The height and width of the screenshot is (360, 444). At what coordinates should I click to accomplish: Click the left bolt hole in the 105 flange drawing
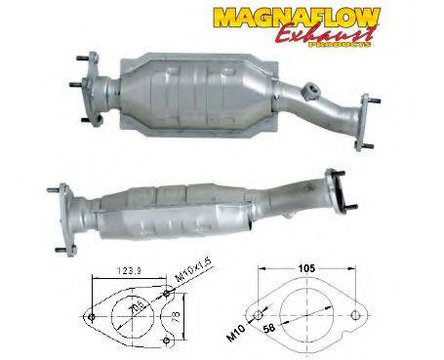point(258,314)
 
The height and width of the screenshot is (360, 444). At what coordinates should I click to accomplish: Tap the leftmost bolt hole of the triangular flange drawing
point(90,316)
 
